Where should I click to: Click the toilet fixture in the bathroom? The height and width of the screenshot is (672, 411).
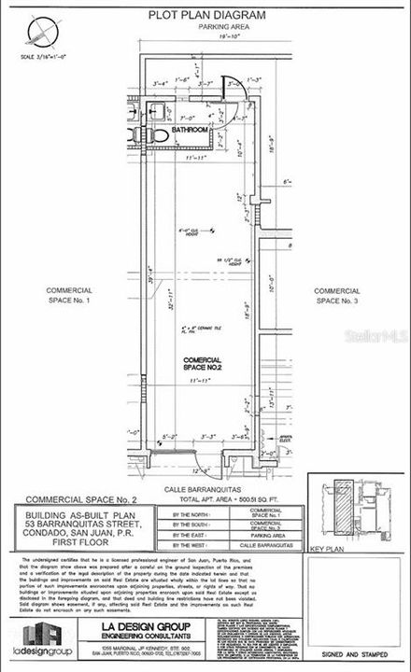tap(160, 136)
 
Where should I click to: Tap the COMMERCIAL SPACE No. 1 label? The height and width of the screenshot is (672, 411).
tap(70, 295)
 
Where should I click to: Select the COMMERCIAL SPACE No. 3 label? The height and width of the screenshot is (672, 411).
tap(337, 295)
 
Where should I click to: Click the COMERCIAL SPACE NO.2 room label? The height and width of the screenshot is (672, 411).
tap(202, 364)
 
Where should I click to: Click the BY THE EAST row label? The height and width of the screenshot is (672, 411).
tap(215, 536)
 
